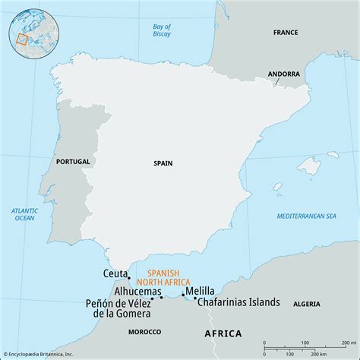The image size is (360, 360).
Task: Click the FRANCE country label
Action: (286, 33)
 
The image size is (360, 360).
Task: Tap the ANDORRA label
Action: (283, 74)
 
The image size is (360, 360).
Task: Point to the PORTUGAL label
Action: (73, 161)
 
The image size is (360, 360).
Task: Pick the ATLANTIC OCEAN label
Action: (24, 214)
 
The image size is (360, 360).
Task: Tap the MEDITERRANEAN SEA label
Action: (307, 216)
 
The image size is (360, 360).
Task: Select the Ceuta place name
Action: (115, 273)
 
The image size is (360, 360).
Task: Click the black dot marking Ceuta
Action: (129, 278)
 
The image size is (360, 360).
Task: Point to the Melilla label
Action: (200, 290)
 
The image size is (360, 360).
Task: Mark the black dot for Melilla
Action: (183, 294)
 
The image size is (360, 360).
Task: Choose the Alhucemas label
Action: (137, 291)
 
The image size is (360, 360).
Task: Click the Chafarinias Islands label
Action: (238, 302)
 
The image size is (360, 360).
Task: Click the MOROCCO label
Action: (144, 332)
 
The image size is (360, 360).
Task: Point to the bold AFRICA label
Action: (223, 333)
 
